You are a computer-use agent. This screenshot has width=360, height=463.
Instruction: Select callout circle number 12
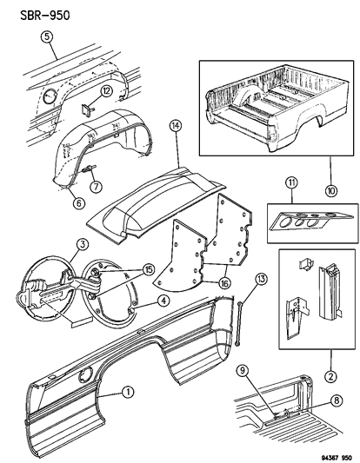pos(105,91)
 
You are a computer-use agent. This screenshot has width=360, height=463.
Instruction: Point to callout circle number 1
pos(128,392)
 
